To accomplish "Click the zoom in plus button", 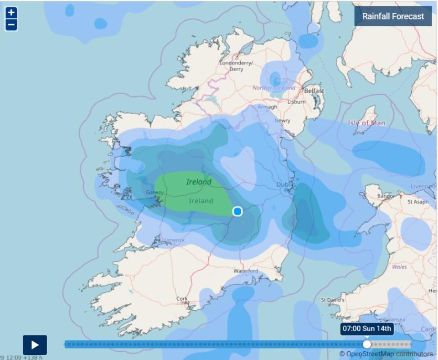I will [11, 13].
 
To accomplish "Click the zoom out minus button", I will [11, 25].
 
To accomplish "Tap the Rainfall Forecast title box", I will [393, 16].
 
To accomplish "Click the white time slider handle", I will [367, 344].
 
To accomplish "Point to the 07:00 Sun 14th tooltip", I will [367, 329].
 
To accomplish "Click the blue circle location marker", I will [237, 211].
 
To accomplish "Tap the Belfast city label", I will [314, 91].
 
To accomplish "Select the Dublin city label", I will [286, 185].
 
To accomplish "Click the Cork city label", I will [182, 299].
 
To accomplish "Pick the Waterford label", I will [245, 271].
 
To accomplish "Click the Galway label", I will [155, 192].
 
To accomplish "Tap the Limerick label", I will [174, 240].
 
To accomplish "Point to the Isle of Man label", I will [366, 123].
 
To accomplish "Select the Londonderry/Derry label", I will [236, 66].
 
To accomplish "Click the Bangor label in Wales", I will [386, 196].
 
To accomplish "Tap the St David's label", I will [333, 300].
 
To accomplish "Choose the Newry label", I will [282, 121].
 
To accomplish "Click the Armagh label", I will [267, 107].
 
